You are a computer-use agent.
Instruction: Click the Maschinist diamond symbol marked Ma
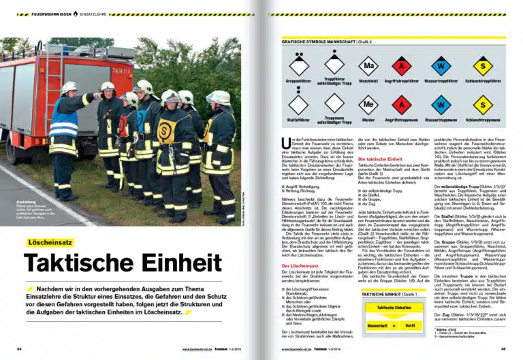pyautogui.click(x=368, y=66)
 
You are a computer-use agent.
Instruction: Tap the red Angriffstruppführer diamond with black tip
pyautogui.click(x=401, y=66)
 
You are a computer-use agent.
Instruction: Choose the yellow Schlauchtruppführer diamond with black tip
pyautogui.click(x=483, y=66)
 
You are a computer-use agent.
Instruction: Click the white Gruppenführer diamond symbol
pyautogui.click(x=299, y=66)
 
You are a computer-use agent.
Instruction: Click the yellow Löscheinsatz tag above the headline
pyautogui.click(x=50, y=242)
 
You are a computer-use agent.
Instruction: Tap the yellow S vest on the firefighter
pyautogui.click(x=167, y=130)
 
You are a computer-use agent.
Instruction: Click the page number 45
pyautogui.click(x=503, y=349)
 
